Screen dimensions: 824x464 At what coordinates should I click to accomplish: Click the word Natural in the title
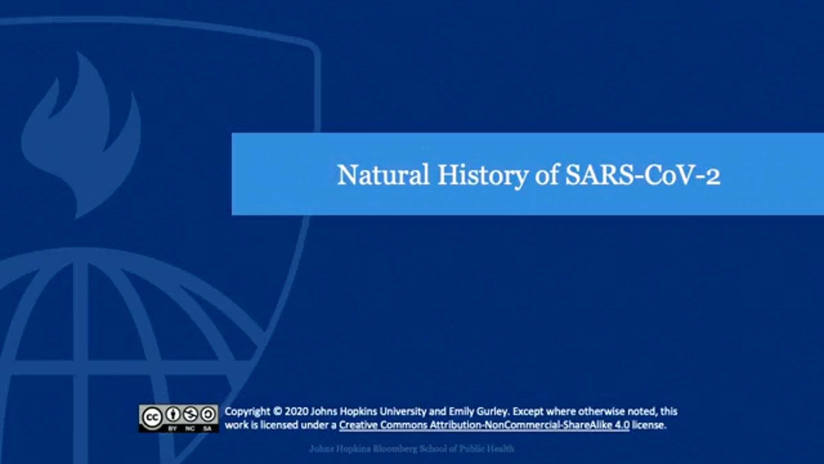click(383, 175)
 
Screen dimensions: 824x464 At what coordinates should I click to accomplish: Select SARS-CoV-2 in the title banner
click(642, 175)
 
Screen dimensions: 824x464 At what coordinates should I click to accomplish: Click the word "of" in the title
click(547, 175)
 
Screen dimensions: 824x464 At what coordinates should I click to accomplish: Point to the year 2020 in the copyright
click(296, 411)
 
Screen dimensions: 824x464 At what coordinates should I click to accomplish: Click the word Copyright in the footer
click(247, 412)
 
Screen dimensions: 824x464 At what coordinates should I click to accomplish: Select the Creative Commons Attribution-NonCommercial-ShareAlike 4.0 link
click(484, 425)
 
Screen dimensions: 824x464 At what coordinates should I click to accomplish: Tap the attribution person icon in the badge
click(173, 415)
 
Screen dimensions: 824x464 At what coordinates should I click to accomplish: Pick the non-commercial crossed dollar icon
click(190, 415)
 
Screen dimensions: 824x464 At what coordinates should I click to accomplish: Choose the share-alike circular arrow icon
click(207, 415)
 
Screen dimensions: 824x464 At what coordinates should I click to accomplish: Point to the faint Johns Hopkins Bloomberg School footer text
click(411, 449)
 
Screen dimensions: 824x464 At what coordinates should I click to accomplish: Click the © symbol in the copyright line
click(277, 411)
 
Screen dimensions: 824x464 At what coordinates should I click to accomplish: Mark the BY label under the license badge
click(172, 428)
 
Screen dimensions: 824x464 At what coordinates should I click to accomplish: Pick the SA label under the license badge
click(207, 428)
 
